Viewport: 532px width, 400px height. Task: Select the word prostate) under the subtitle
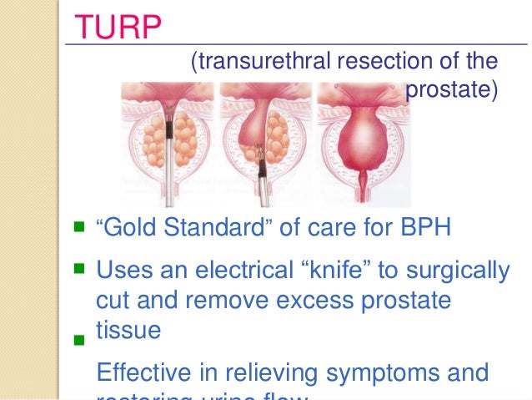tap(452, 88)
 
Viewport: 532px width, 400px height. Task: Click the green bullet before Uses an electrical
tap(80, 268)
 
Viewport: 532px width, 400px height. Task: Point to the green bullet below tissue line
tap(80, 341)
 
